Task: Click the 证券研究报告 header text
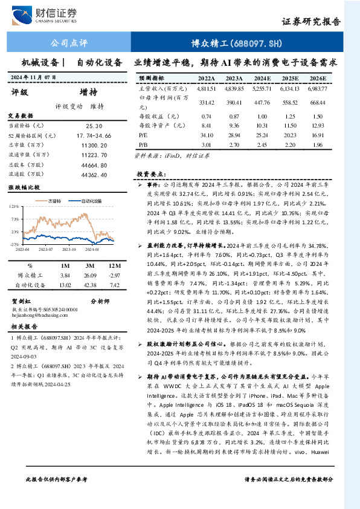pyautogui.click(x=311, y=21)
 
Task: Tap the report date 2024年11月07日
pyautogui.click(x=33, y=77)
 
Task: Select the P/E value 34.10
pyautogui.click(x=207, y=135)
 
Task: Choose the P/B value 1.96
pyautogui.click(x=317, y=145)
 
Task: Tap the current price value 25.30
pyautogui.click(x=94, y=125)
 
